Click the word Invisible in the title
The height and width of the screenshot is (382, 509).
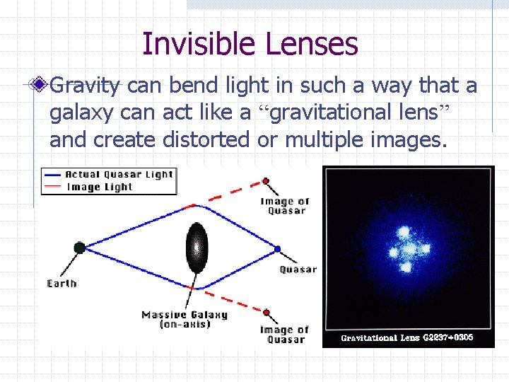(200, 44)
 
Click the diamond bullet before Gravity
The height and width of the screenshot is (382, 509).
(42, 86)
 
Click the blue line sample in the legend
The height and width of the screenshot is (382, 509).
(52, 174)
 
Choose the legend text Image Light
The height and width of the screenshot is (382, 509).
(100, 187)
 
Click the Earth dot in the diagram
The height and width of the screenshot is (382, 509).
(79, 248)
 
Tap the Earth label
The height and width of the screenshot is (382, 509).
(62, 283)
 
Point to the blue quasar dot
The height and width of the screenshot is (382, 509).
(277, 248)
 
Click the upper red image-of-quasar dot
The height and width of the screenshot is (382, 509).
(266, 180)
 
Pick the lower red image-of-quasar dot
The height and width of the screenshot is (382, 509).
(266, 312)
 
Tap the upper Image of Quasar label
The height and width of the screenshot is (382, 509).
(285, 206)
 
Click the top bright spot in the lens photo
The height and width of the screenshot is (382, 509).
(405, 231)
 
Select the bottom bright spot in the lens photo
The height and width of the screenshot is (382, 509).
(406, 267)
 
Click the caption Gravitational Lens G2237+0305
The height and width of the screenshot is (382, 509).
(407, 338)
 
